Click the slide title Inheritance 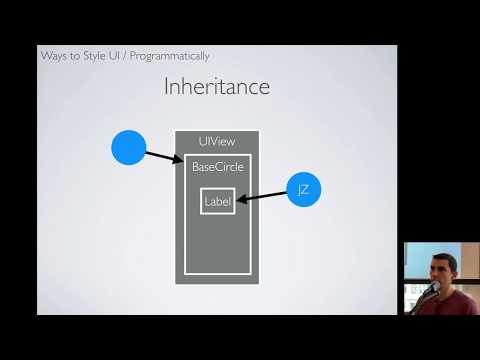tap(217, 88)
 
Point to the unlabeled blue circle tap(128, 148)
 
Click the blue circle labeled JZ tap(304, 189)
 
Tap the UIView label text tap(217, 143)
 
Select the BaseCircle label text tap(217, 167)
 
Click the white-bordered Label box tap(217, 201)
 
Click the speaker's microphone tap(432, 290)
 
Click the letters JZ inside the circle tap(304, 189)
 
